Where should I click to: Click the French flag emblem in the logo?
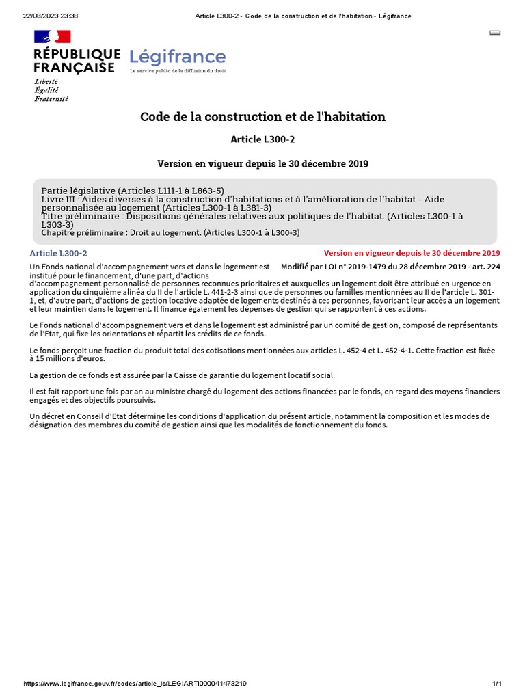[x=52, y=37]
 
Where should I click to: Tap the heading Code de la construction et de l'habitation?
[x=262, y=117]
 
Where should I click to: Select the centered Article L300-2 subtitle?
[x=262, y=139]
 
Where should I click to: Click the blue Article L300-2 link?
[x=58, y=254]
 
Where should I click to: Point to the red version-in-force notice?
[x=412, y=253]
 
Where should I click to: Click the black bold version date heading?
[x=262, y=164]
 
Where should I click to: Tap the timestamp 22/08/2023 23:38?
[x=51, y=16]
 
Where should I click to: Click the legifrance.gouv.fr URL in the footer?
[x=135, y=684]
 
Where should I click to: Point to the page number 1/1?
[x=497, y=684]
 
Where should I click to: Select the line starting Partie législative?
[x=133, y=191]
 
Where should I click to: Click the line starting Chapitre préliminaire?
[x=170, y=232]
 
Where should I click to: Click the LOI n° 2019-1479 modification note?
[x=390, y=266]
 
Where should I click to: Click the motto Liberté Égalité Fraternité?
[x=51, y=90]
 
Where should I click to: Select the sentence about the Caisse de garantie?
[x=183, y=375]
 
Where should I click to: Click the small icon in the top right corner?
[x=496, y=32]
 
